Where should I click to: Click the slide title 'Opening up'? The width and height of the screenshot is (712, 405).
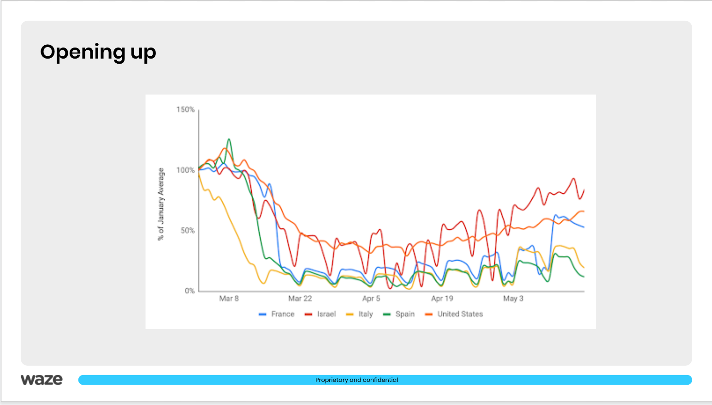[98, 52]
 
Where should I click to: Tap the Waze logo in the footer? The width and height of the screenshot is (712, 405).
[42, 380]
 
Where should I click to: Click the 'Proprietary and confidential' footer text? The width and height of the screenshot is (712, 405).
[356, 380]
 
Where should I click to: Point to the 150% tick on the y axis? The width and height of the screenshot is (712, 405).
[185, 109]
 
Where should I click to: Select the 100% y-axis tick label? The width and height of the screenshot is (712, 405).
[185, 170]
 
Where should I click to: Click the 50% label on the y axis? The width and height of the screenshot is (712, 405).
[187, 231]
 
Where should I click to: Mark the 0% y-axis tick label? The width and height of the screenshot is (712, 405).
[190, 291]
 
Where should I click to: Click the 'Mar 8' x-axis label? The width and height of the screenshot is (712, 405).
[229, 298]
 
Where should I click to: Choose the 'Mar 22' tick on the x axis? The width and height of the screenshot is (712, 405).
[300, 298]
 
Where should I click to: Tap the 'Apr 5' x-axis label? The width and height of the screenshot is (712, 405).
[371, 298]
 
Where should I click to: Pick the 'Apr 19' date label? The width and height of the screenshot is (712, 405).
[442, 298]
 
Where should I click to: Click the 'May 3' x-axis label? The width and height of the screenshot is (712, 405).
[513, 298]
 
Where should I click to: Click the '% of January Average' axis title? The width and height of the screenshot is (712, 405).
[161, 204]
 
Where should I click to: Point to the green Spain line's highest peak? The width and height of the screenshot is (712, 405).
[229, 139]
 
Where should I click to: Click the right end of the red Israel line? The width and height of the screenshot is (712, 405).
[584, 190]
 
